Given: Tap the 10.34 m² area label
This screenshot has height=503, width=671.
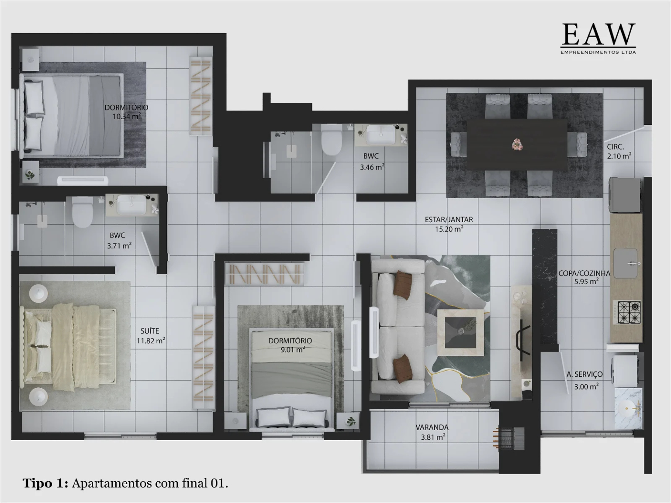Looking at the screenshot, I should point(126,117).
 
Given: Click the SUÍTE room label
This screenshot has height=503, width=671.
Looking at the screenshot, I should point(150,331).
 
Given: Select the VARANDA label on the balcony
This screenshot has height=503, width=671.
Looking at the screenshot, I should point(432,427).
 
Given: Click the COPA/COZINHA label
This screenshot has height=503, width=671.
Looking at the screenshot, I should point(584,273).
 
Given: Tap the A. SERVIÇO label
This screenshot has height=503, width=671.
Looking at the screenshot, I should point(585,374).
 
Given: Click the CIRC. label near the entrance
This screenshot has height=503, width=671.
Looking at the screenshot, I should point(615,147).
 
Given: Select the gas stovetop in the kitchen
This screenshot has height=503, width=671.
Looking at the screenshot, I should point(629,312).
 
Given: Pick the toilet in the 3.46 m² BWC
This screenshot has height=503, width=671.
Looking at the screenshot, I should point(331,141).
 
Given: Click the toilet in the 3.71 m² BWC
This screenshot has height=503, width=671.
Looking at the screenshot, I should point(82,214).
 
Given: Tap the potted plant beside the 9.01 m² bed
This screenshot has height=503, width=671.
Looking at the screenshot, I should point(350,421).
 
